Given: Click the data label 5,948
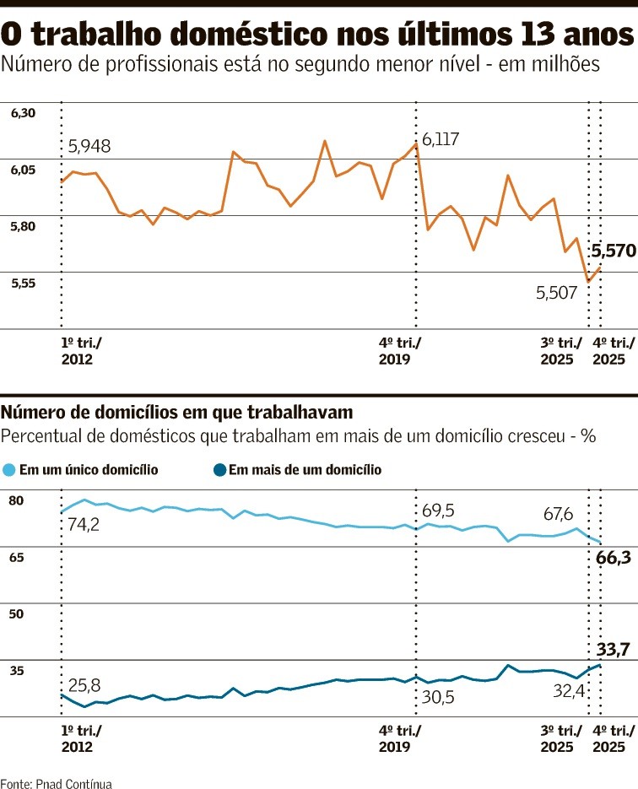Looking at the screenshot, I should [89, 147].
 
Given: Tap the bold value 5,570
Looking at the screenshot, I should [614, 251].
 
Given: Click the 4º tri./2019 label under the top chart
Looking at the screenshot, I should [399, 351].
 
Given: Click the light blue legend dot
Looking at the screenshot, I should [9, 470].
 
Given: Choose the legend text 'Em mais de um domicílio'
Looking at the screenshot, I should [305, 470].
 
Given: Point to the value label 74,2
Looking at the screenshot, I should [83, 525].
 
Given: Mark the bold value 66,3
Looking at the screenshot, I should [614, 558].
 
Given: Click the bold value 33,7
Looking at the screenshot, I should [614, 649].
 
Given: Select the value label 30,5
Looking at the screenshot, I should [437, 698].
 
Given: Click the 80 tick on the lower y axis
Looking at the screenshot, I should [16, 500].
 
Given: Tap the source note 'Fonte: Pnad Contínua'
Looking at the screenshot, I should [56, 783].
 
